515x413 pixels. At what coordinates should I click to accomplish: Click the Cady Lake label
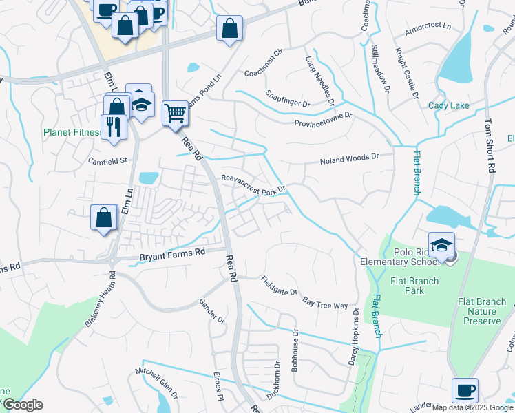[448, 105]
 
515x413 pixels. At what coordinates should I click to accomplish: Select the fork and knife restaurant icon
[112, 127]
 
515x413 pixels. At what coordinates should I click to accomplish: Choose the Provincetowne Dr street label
[323, 119]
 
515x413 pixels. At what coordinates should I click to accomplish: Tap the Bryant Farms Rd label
[173, 253]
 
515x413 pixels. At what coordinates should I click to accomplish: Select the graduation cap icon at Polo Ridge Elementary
[441, 244]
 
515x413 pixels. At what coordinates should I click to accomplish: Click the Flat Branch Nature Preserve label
[483, 310]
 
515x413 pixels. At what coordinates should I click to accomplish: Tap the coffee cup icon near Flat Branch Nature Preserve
[465, 390]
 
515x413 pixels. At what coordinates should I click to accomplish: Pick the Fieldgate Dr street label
[279, 286]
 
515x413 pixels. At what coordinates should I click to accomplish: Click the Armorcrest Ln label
[428, 26]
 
